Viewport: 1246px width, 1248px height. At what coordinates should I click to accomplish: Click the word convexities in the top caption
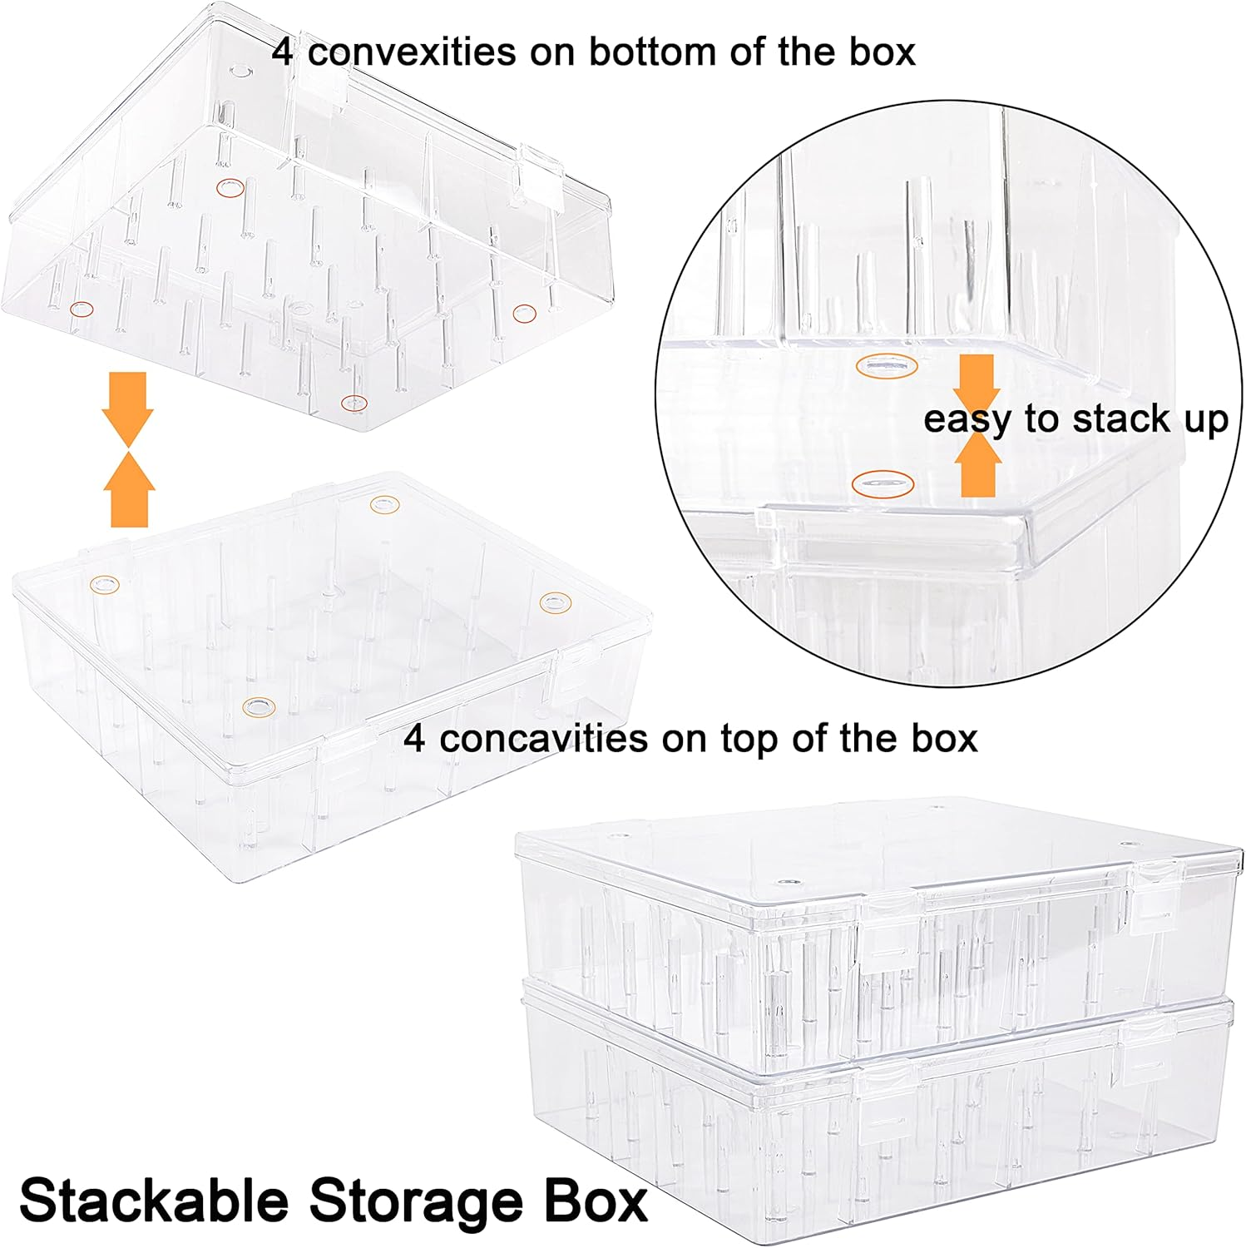(x=412, y=52)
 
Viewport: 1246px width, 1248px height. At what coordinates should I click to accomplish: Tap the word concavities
(x=543, y=739)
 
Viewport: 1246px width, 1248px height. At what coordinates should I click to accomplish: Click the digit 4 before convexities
(x=283, y=52)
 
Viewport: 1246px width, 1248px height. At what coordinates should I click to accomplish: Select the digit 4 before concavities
(x=414, y=739)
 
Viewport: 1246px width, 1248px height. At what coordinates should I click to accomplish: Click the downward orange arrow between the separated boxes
(x=127, y=408)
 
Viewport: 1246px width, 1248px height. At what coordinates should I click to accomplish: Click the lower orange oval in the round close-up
(x=883, y=483)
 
